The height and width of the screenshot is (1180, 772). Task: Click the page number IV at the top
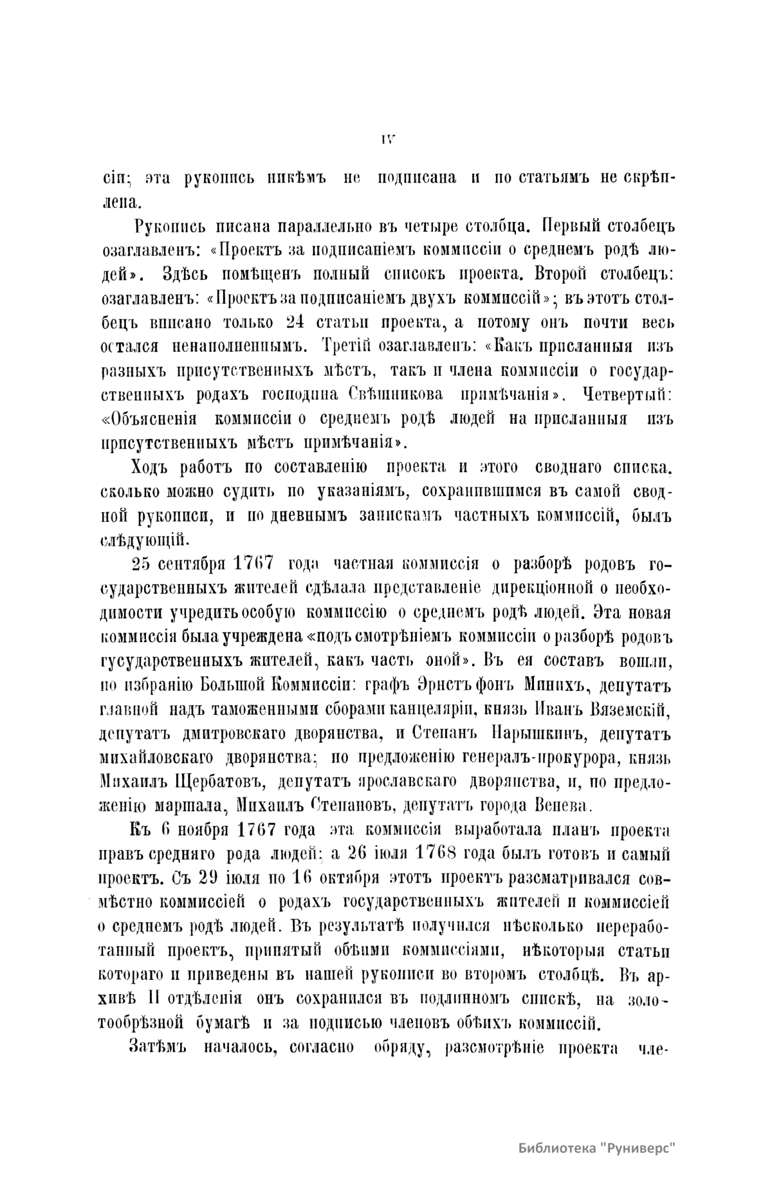point(387,138)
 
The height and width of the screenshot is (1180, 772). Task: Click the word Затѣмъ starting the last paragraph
point(158,1047)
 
